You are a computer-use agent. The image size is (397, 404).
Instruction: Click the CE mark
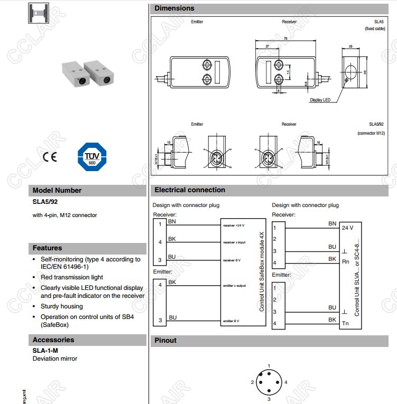[x=49, y=157]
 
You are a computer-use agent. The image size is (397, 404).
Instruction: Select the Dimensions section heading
[x=174, y=8]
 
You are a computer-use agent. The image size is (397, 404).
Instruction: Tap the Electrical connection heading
[x=190, y=190]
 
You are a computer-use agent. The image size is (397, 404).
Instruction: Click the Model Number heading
[x=57, y=191]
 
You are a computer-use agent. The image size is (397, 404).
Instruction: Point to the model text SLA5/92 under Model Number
[x=45, y=201]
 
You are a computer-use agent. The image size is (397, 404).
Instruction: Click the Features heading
[x=48, y=248]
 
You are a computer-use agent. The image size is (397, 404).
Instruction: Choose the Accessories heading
[x=53, y=340]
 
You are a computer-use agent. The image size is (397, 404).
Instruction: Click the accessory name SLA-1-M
[x=45, y=350]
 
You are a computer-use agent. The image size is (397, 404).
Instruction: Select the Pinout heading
[x=165, y=341]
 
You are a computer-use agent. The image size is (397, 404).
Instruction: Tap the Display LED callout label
[x=320, y=100]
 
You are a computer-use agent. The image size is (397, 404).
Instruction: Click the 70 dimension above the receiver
[x=285, y=39]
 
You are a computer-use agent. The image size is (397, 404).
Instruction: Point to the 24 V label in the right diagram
[x=348, y=228]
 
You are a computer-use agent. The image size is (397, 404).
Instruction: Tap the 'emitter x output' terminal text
[x=234, y=286]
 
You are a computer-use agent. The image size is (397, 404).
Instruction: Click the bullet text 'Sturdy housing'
[x=62, y=306]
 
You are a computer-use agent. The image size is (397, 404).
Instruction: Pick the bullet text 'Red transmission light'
[x=72, y=277]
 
